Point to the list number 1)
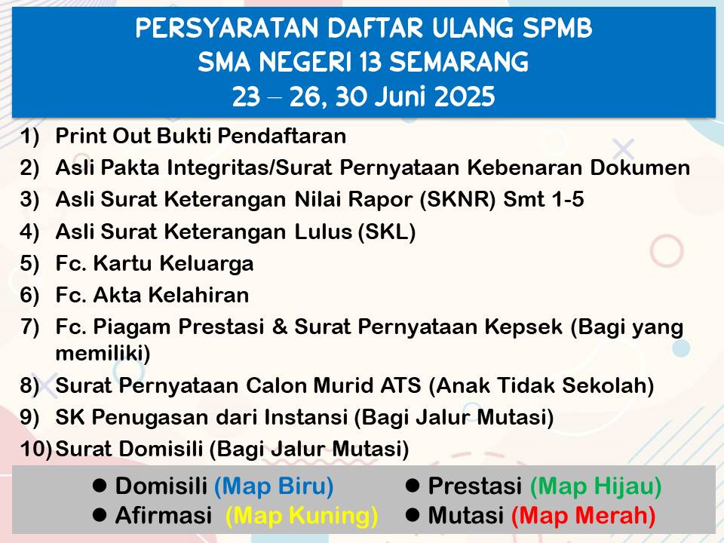pyautogui.click(x=30, y=137)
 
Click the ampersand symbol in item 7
pyautogui.click(x=279, y=327)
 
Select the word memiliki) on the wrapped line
pyautogui.click(x=103, y=354)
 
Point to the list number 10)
pyautogui.click(x=36, y=449)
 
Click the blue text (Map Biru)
pyautogui.click(x=274, y=486)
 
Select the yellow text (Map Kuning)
pyautogui.click(x=302, y=516)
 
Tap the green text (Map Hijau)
pyautogui.click(x=596, y=486)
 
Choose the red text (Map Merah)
pyautogui.click(x=584, y=516)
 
